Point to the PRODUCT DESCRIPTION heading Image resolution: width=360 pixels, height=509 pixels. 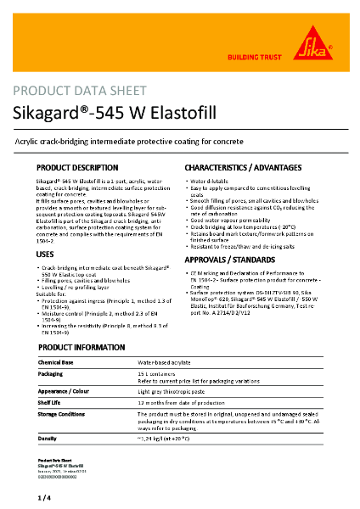89,168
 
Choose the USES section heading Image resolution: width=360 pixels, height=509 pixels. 46,254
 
